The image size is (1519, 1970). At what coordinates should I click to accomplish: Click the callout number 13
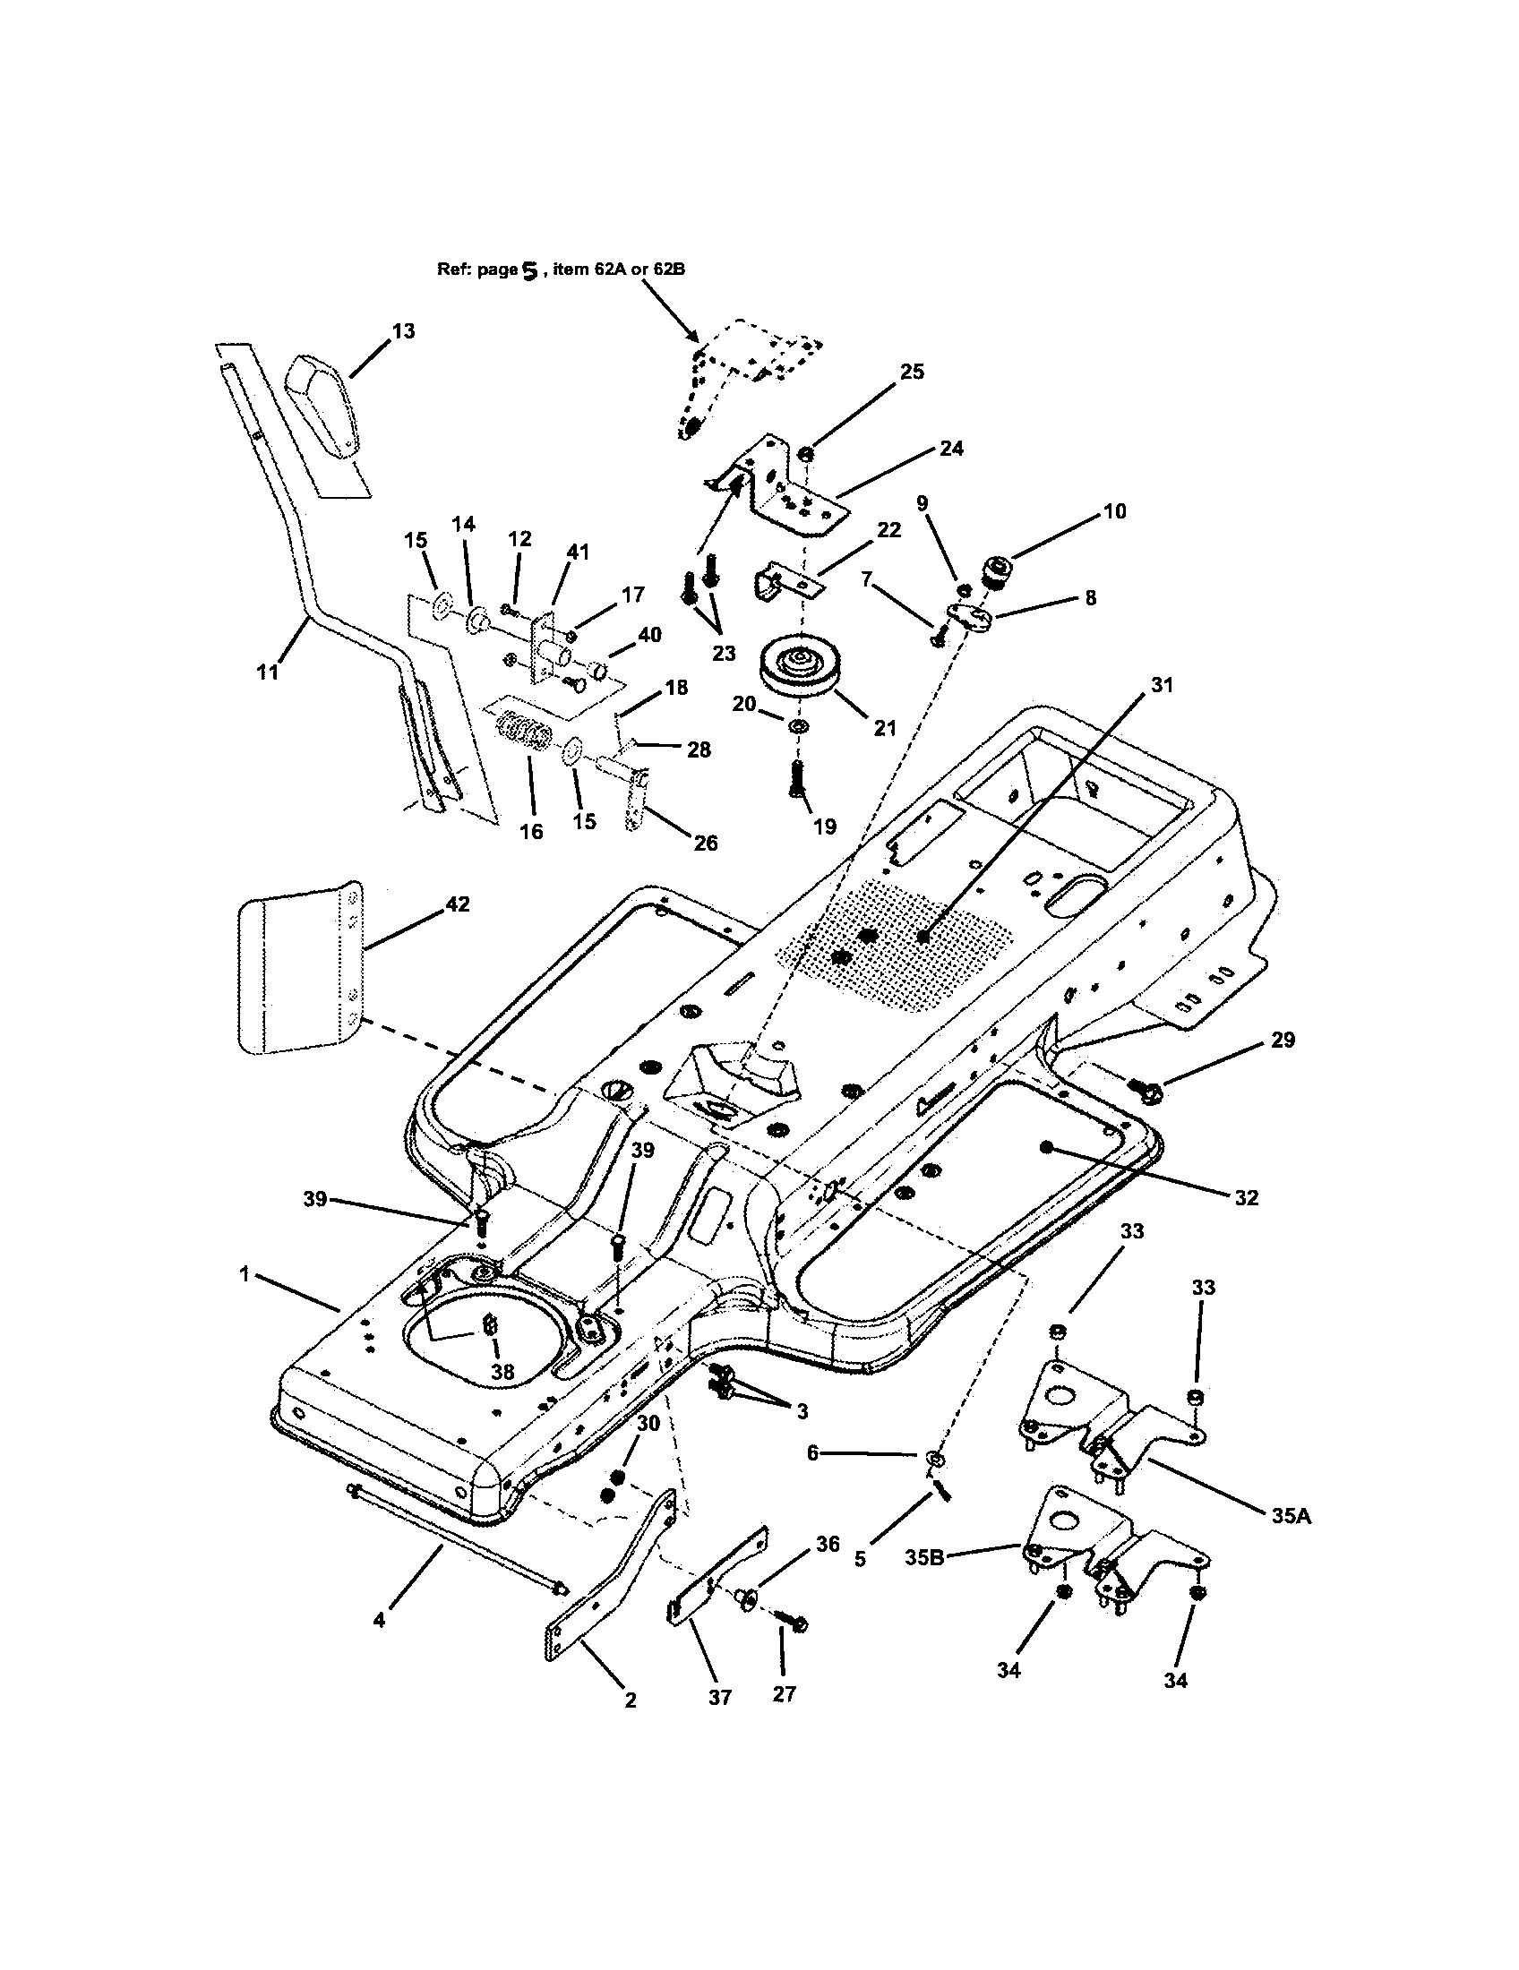(403, 331)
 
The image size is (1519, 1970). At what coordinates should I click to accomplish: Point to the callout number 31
(1162, 686)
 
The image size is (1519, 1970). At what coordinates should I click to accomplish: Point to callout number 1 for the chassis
(244, 1273)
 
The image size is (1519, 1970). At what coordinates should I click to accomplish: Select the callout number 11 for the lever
(268, 672)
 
